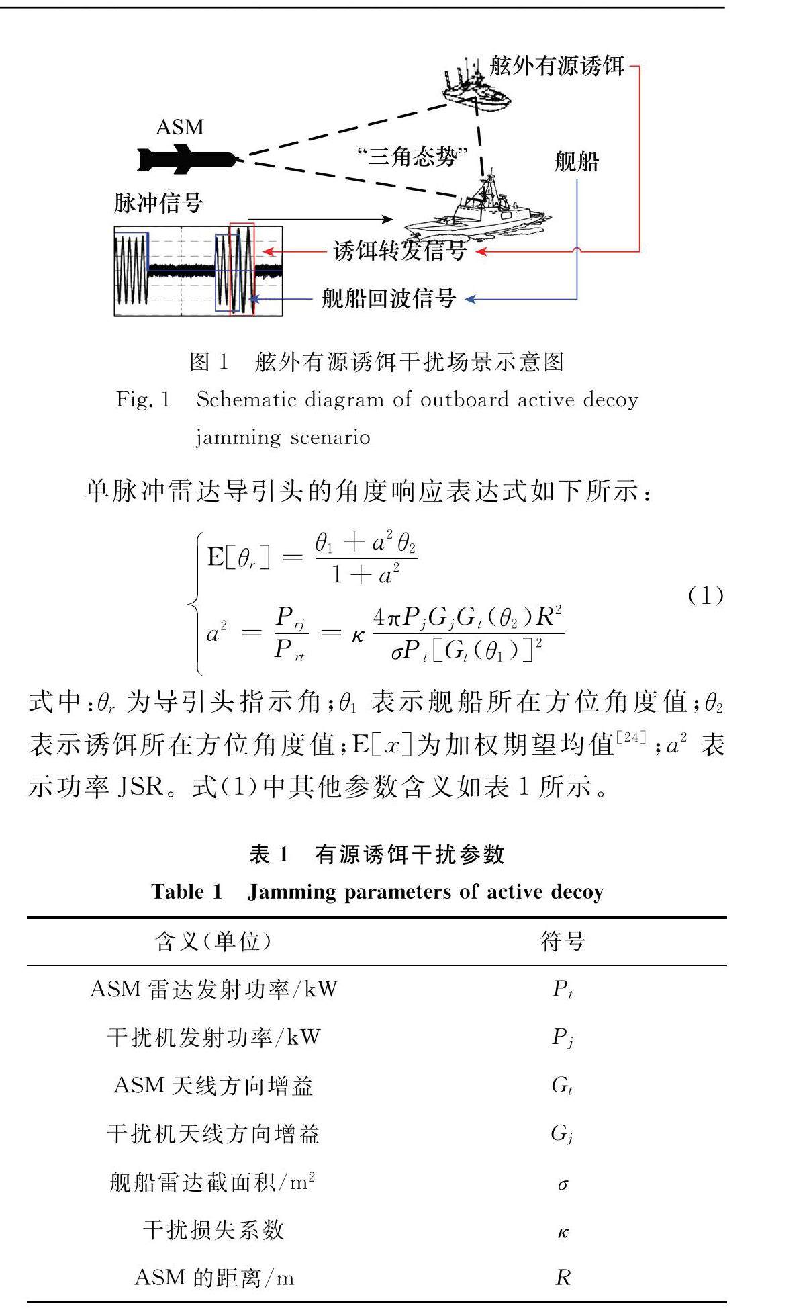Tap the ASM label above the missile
179,127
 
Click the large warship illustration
479,208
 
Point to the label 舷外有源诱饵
557,67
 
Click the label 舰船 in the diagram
576,162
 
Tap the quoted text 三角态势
412,157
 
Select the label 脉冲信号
158,202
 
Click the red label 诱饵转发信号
400,251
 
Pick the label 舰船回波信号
389,298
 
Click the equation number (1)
706,595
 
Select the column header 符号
562,942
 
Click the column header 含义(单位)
213,942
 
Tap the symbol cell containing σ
563,1184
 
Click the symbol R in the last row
563,1278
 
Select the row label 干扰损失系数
213,1231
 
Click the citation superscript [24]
632,737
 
